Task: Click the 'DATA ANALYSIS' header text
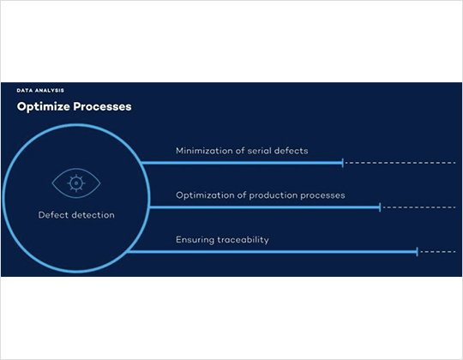(x=40, y=90)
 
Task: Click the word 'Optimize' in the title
(x=44, y=107)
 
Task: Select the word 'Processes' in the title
(x=103, y=106)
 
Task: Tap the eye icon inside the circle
(x=76, y=183)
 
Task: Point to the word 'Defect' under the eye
(x=53, y=215)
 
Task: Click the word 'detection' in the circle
(x=93, y=215)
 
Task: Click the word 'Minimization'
(x=204, y=151)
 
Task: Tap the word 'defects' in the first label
(x=292, y=151)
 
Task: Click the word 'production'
(x=274, y=195)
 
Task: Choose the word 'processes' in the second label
(x=322, y=195)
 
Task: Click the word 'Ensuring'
(x=195, y=240)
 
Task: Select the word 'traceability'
(x=244, y=240)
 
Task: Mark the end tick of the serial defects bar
(x=343, y=163)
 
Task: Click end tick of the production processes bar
(x=380, y=207)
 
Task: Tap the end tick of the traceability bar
(x=417, y=252)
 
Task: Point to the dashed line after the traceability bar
(x=438, y=252)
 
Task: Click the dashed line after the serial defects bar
(x=400, y=163)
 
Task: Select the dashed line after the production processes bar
(x=419, y=207)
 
